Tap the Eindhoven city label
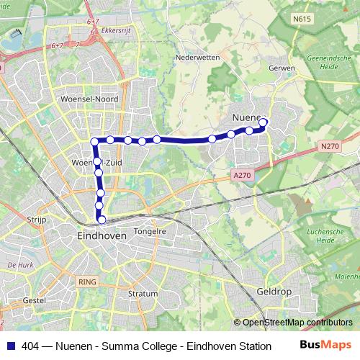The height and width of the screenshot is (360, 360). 102,235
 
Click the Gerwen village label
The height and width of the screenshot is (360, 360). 282,68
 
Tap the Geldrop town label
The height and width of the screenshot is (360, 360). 273,292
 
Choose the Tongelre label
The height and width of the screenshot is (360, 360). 150,232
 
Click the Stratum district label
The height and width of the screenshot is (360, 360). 142,294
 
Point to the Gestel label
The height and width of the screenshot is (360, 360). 35,299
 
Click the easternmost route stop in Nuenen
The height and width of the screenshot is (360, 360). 263,122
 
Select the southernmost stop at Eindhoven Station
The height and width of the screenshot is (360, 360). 102,220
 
